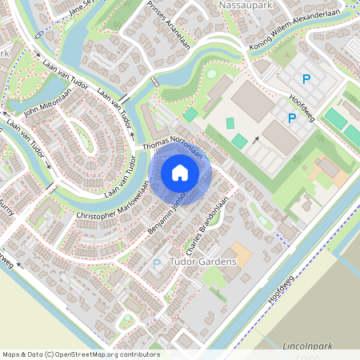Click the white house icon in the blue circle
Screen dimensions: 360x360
180,173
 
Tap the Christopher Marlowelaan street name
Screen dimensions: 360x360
112,203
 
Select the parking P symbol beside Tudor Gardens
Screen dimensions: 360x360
157,262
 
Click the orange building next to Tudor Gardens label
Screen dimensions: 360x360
240,255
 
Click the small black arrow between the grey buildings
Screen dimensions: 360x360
257,141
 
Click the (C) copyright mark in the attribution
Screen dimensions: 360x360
50,354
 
